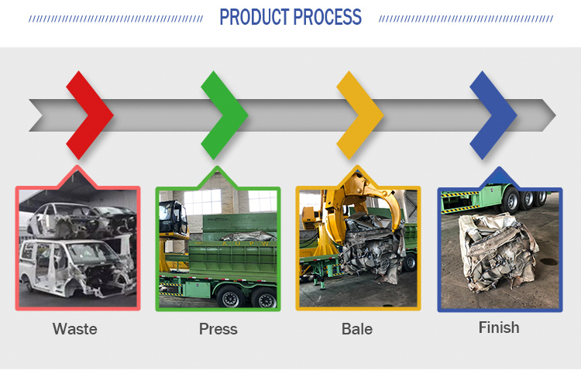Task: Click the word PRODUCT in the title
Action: tap(254, 17)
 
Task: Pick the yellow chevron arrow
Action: tap(360, 115)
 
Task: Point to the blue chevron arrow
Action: tap(494, 115)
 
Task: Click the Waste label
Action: tap(75, 329)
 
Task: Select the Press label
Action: tap(218, 329)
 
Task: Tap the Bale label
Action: tap(357, 329)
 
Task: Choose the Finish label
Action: tap(499, 327)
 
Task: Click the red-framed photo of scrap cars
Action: tap(77, 249)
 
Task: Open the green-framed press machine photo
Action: tap(218, 249)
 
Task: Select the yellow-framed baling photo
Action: tap(358, 249)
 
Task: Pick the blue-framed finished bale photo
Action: tap(500, 249)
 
